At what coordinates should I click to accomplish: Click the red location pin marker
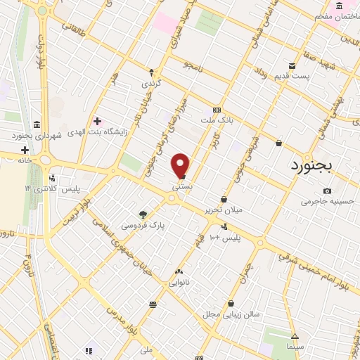tap(181, 166)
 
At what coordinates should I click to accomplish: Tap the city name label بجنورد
tap(314, 165)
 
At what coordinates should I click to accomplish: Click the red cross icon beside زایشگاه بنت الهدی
tap(97, 122)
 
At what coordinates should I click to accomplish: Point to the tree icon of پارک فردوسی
tap(143, 214)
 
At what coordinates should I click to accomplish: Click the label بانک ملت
tap(217, 120)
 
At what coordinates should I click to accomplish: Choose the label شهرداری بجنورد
tap(37, 134)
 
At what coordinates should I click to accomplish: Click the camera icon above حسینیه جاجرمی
tap(327, 191)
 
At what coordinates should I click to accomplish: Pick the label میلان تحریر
tap(223, 210)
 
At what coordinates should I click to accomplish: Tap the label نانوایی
tap(179, 282)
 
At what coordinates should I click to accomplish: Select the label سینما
tap(295, 347)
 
